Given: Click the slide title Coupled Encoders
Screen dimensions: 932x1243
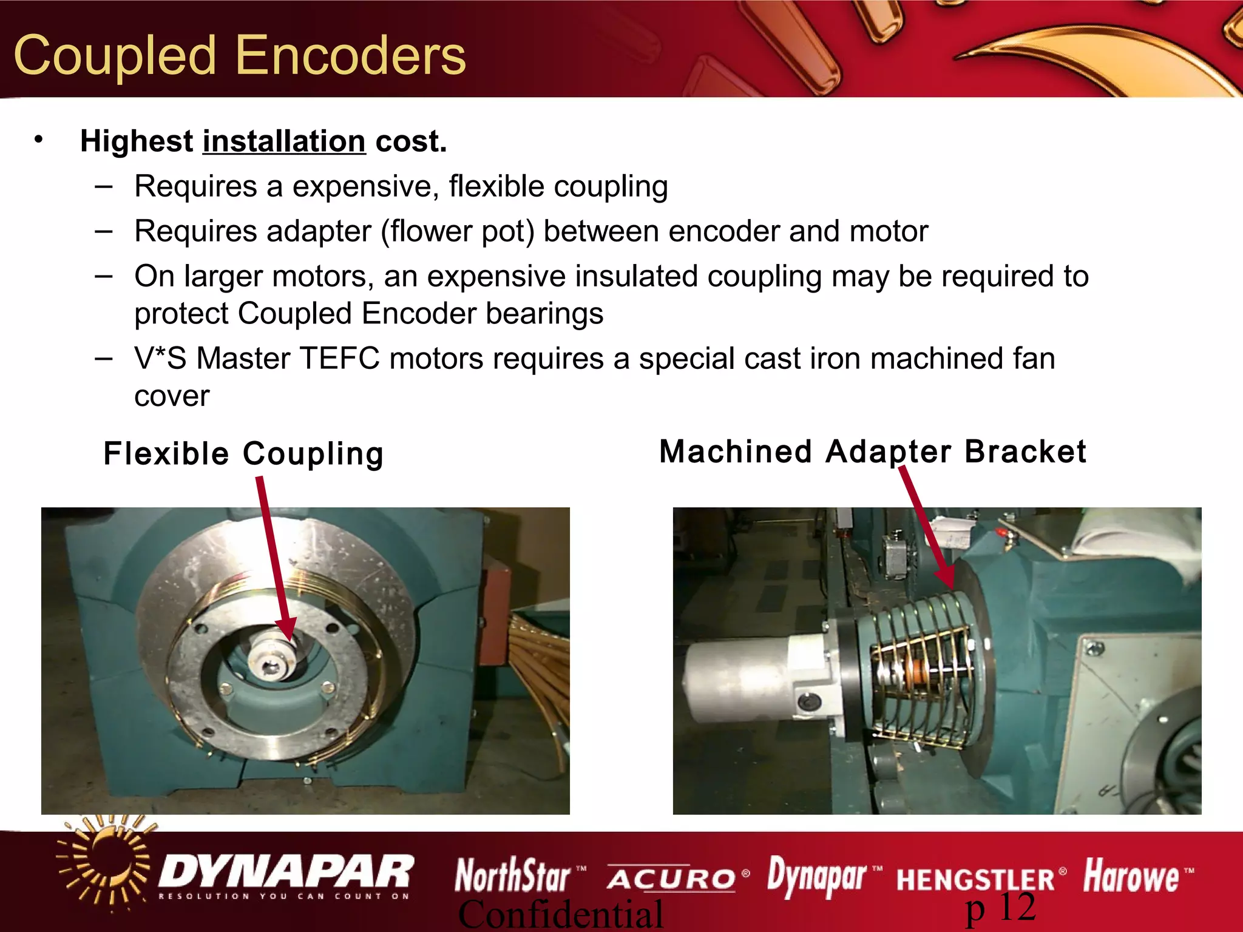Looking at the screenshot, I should click(x=240, y=56).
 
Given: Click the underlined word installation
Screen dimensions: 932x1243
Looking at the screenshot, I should click(x=284, y=141).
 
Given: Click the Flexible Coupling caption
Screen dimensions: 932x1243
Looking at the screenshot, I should click(x=243, y=454).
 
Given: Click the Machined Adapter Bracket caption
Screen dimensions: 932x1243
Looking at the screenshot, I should click(x=872, y=452).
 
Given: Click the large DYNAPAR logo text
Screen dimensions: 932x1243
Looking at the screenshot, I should click(x=285, y=872).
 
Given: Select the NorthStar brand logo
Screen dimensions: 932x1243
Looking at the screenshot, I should click(x=513, y=876).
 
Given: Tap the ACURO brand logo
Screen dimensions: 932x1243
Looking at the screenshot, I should click(x=671, y=878).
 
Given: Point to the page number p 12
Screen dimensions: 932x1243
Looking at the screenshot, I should click(x=1000, y=908).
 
